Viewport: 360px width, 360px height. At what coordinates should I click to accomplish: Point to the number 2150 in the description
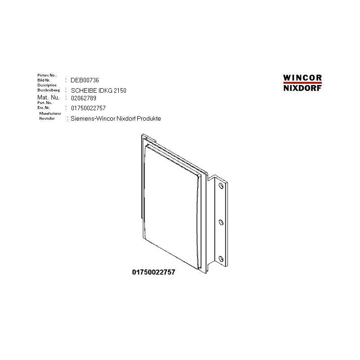120,91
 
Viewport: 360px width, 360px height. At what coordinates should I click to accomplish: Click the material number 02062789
84,98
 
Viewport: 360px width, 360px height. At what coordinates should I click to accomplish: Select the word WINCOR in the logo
302,77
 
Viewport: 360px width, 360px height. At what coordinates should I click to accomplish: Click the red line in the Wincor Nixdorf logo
302,83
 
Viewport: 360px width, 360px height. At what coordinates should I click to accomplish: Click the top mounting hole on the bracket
220,185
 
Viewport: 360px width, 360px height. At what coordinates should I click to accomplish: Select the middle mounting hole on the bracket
220,222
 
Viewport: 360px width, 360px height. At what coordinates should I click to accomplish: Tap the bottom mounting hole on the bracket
220,258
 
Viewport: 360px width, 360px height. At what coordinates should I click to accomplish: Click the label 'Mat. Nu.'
48,97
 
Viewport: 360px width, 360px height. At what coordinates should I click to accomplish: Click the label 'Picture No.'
47,75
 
